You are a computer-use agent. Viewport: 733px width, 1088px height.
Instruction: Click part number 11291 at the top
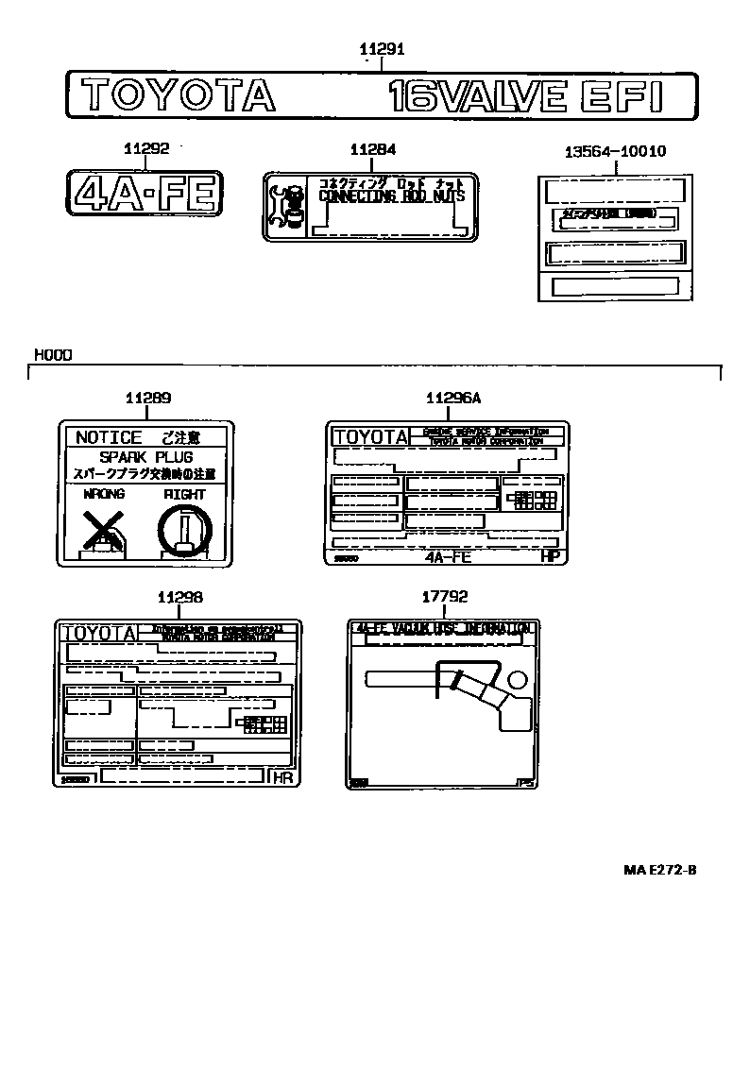click(x=382, y=50)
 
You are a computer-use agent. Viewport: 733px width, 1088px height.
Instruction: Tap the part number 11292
click(x=145, y=148)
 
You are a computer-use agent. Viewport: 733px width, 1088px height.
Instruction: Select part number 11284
click(x=372, y=149)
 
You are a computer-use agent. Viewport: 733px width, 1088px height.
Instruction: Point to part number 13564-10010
click(x=615, y=151)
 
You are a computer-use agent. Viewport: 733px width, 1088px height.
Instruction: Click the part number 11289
click(x=148, y=399)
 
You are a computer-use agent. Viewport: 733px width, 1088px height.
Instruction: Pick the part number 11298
click(x=179, y=598)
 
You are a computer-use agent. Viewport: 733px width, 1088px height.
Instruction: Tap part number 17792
click(x=444, y=598)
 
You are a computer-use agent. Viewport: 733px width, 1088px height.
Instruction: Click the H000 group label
click(x=53, y=355)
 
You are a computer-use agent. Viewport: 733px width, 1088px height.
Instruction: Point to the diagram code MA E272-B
click(x=659, y=870)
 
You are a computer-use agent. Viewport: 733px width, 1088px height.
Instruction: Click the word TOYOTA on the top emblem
click(x=178, y=96)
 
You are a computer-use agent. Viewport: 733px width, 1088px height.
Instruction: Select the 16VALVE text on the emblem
click(x=479, y=96)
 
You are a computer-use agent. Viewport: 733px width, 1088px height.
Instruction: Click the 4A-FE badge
click(x=145, y=194)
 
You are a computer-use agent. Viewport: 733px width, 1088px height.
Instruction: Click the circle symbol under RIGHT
click(x=184, y=529)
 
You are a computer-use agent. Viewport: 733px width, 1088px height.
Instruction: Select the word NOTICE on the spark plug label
click(x=109, y=437)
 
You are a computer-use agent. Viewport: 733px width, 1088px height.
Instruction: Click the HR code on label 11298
click(x=282, y=777)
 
